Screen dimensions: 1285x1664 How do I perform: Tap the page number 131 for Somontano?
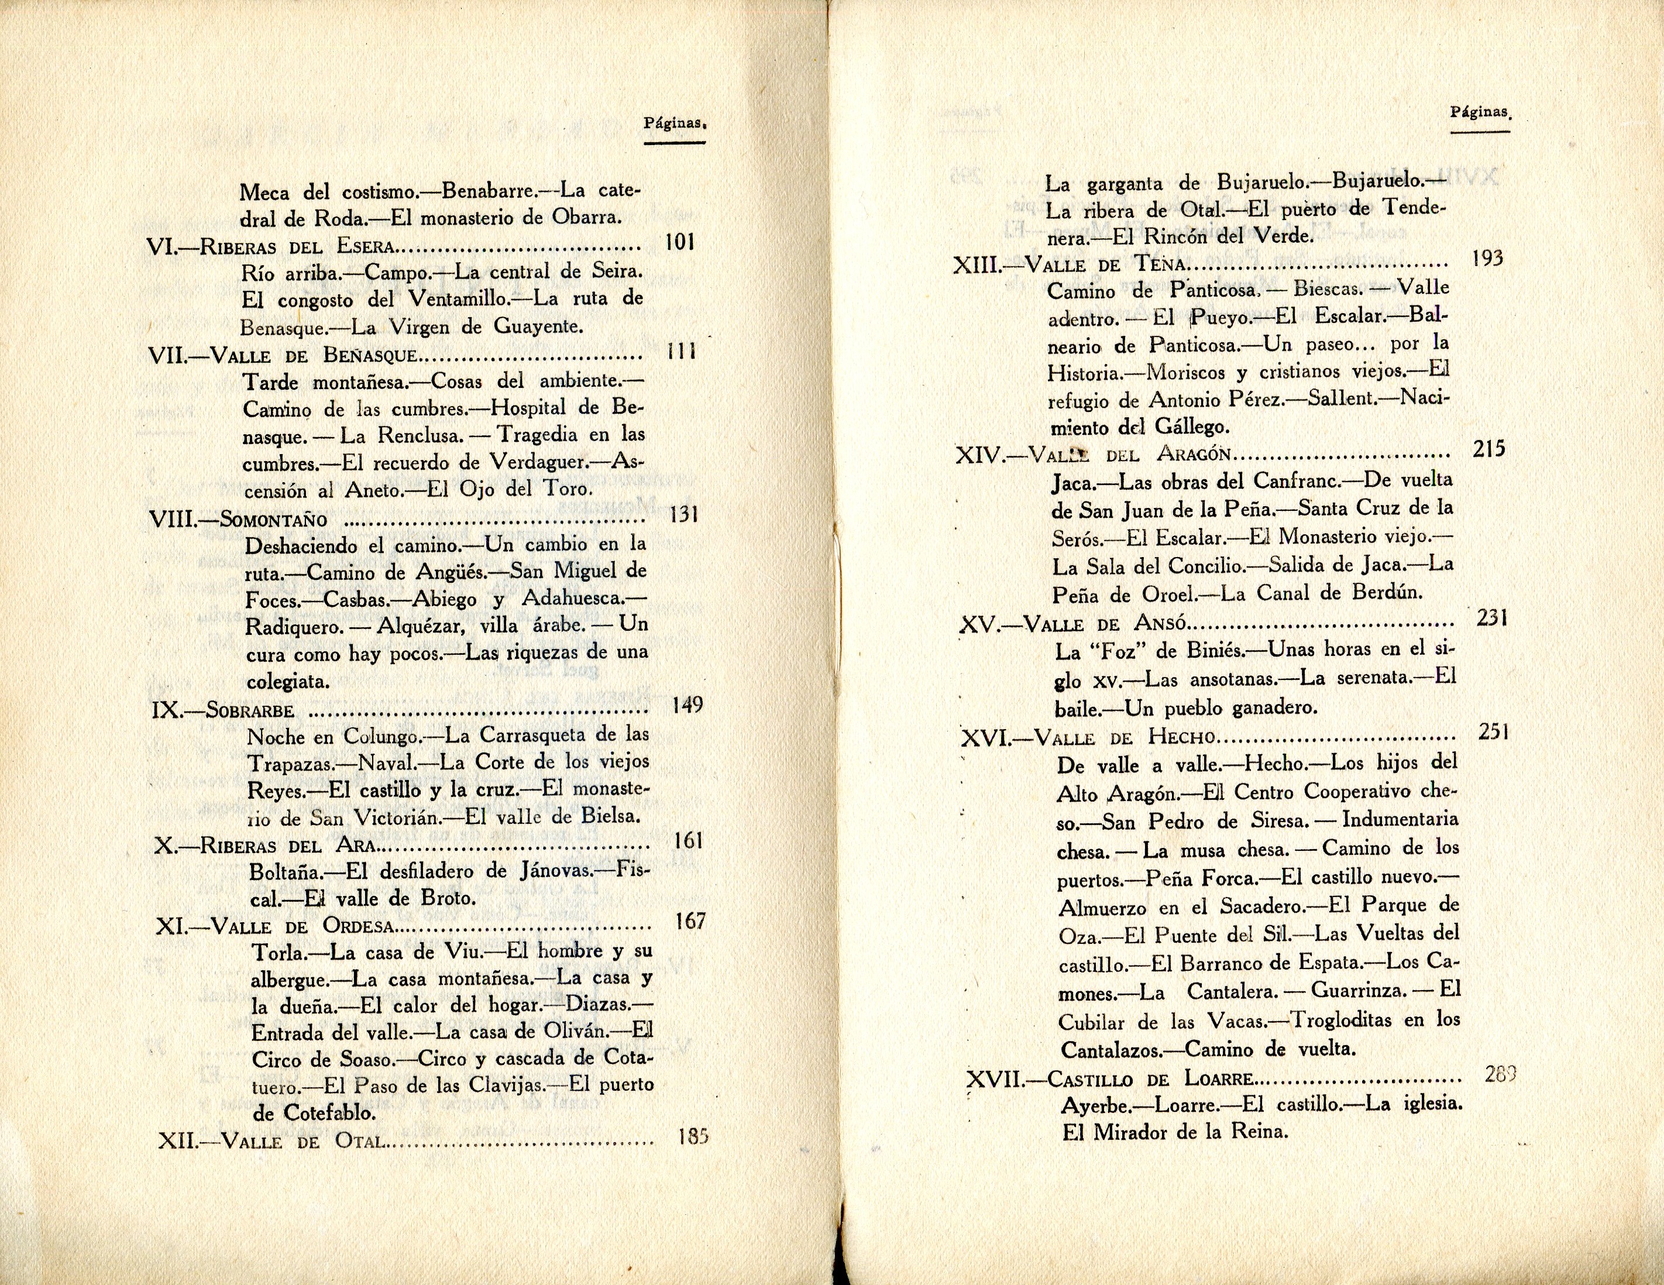click(684, 515)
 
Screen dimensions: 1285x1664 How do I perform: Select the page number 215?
click(1488, 449)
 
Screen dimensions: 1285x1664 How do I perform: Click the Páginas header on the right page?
click(1480, 112)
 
